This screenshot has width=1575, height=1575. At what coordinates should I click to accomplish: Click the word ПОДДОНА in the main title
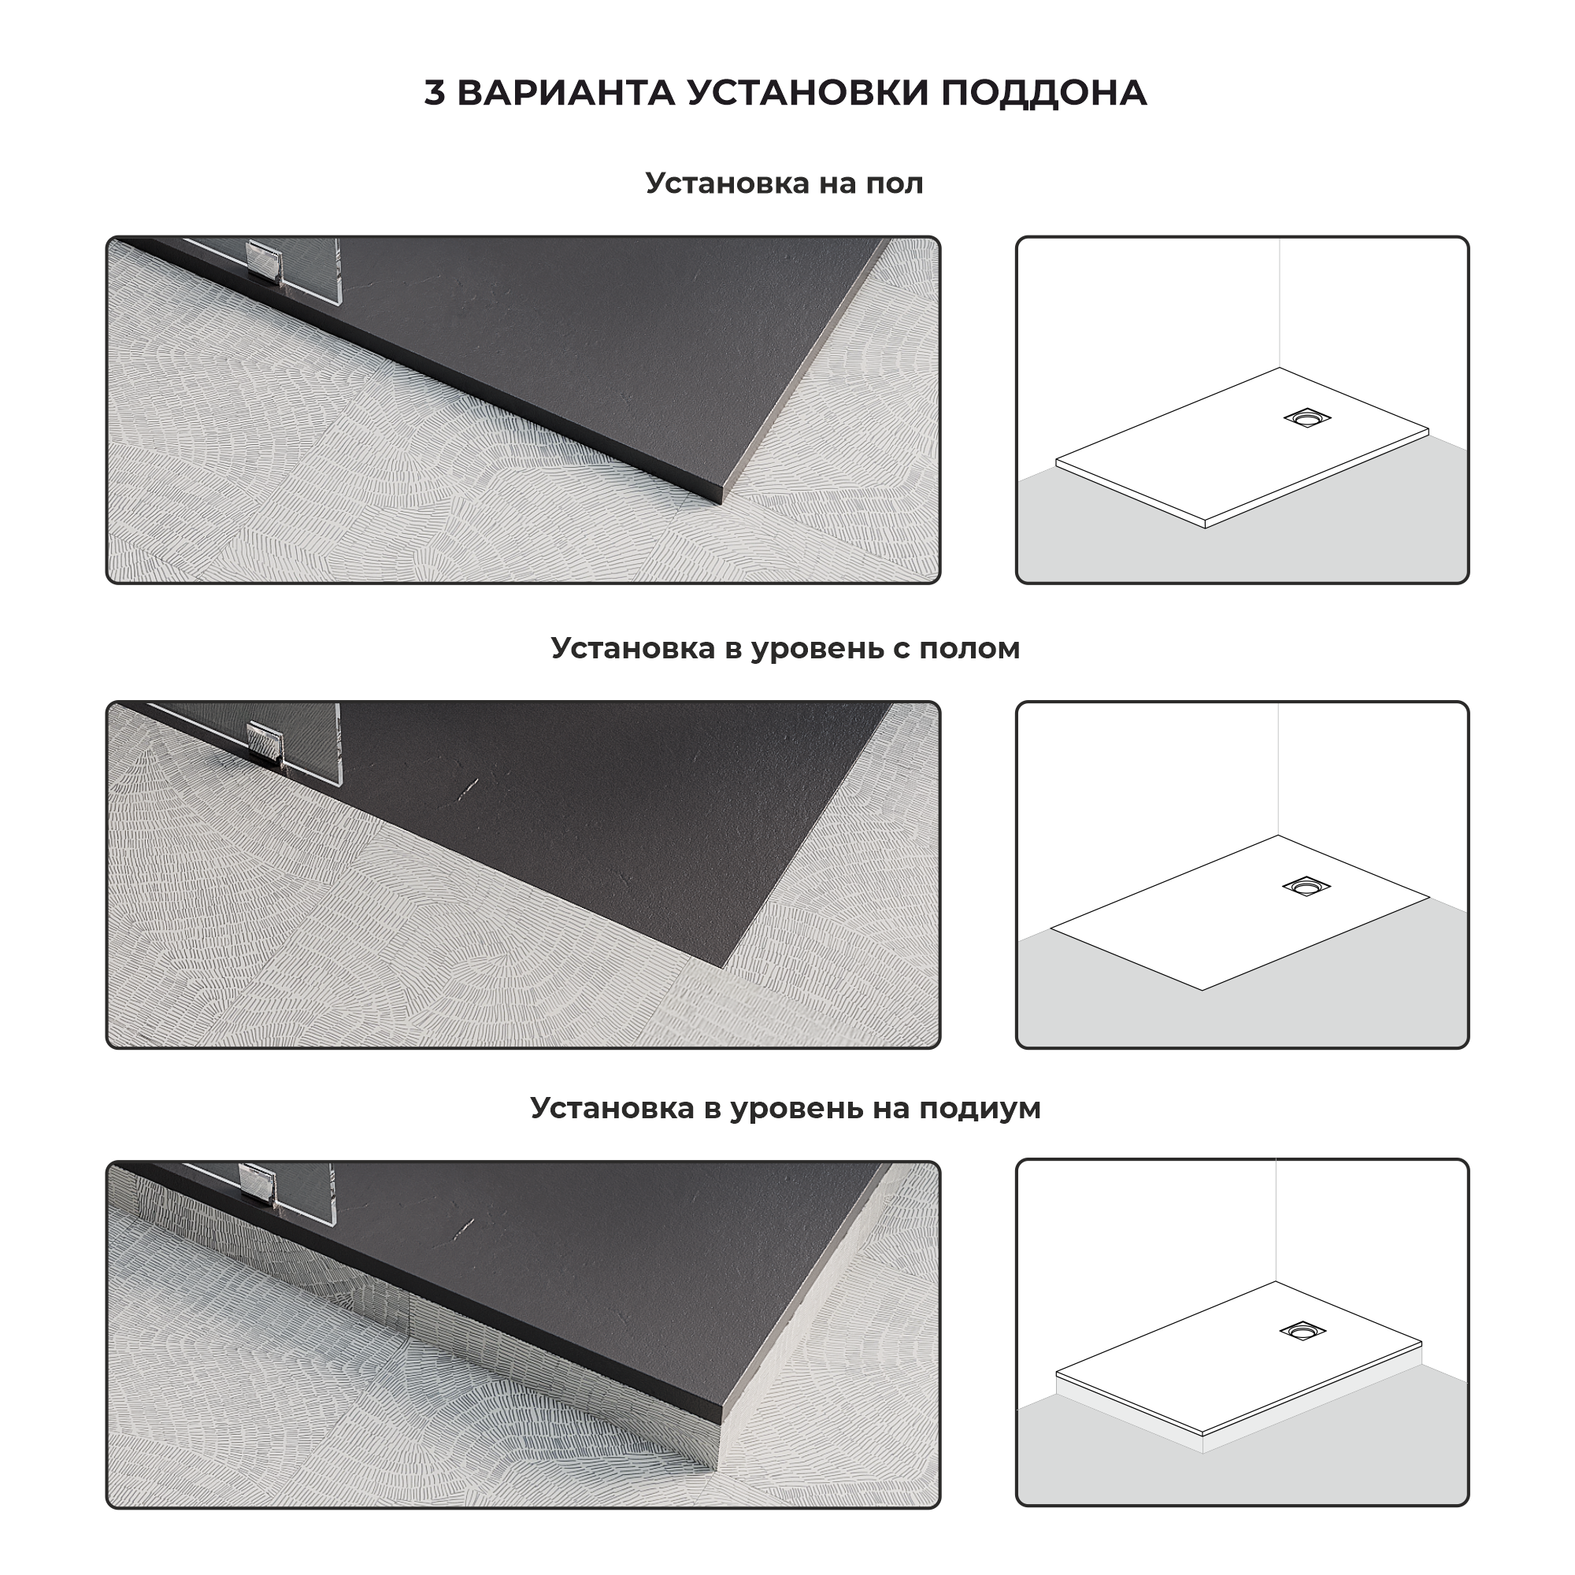pyautogui.click(x=1044, y=93)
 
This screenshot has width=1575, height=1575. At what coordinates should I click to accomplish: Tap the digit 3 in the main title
pyautogui.click(x=435, y=93)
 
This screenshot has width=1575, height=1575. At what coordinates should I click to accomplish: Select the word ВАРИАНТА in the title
pyautogui.click(x=565, y=93)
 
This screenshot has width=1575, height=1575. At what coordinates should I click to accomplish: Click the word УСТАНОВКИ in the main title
pyautogui.click(x=808, y=93)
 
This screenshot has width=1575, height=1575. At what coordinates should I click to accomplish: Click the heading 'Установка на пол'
pyautogui.click(x=784, y=183)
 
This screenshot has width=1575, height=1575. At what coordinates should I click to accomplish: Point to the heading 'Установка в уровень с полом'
pyautogui.click(x=785, y=648)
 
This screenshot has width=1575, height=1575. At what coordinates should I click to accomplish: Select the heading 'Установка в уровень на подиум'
pyautogui.click(x=785, y=1108)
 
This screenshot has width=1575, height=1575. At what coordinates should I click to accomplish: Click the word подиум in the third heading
pyautogui.click(x=980, y=1110)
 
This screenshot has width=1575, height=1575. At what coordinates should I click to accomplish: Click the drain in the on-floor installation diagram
pyautogui.click(x=1306, y=418)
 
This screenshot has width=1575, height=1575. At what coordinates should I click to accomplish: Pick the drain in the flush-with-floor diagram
pyautogui.click(x=1306, y=885)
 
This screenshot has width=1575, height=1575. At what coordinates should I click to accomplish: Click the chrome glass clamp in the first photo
pyautogui.click(x=265, y=261)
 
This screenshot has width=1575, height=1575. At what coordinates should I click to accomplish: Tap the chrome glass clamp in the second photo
pyautogui.click(x=265, y=741)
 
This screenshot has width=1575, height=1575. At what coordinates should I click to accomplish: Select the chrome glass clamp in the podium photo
pyautogui.click(x=259, y=1185)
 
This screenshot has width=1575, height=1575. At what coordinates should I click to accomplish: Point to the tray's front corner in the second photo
pyautogui.click(x=722, y=967)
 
